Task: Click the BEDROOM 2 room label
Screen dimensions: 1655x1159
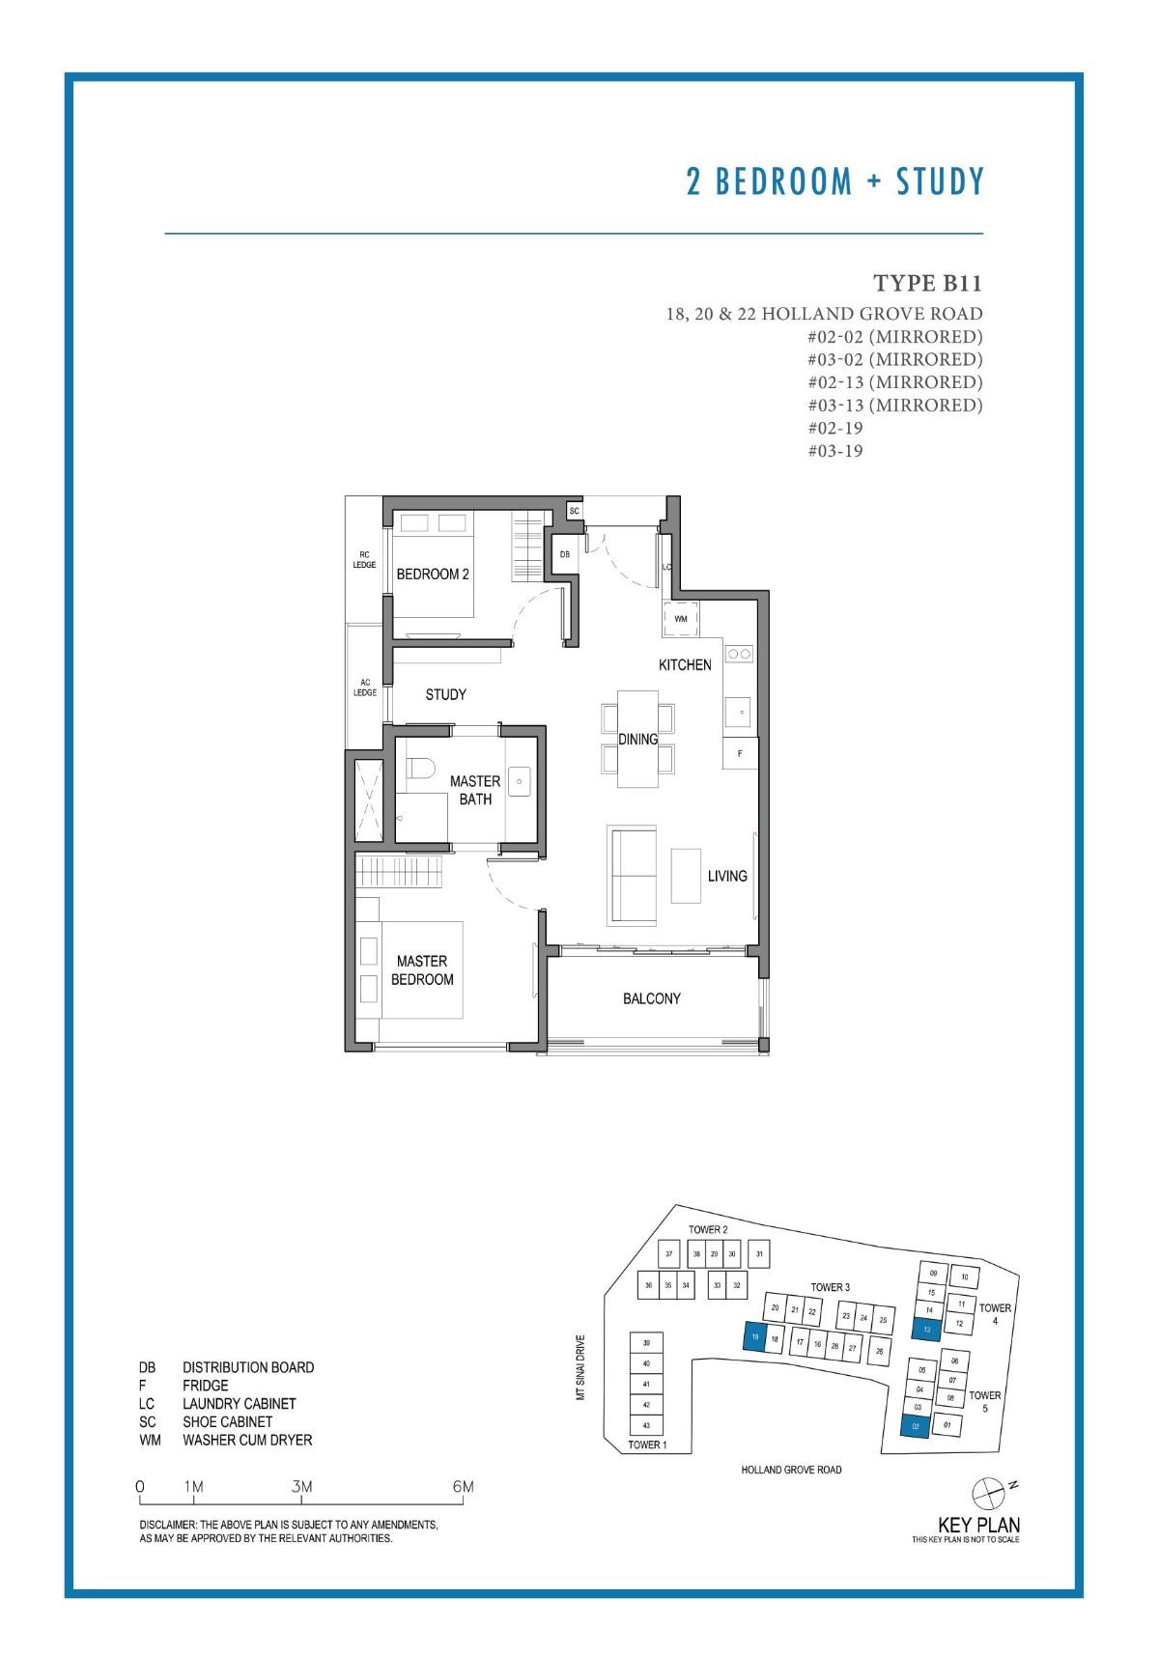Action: tap(433, 574)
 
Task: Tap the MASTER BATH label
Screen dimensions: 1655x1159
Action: tap(475, 790)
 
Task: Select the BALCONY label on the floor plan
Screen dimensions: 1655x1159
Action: tap(652, 998)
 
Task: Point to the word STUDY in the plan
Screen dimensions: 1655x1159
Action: tap(445, 694)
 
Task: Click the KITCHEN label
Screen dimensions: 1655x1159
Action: tap(685, 664)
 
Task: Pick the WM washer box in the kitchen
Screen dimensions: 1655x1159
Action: tap(681, 619)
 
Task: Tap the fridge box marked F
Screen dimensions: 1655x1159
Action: tap(740, 753)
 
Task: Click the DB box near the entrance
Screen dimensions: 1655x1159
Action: tap(565, 554)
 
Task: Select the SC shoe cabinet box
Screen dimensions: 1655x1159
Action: tap(575, 511)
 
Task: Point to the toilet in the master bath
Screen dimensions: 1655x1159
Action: tap(418, 770)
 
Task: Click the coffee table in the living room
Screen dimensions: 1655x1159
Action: tap(686, 875)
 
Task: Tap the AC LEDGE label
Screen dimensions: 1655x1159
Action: tap(365, 687)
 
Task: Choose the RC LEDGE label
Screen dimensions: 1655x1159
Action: tap(364, 559)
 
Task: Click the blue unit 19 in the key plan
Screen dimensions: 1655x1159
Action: tap(753, 1337)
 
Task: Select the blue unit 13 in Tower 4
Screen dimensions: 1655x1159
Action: tap(926, 1329)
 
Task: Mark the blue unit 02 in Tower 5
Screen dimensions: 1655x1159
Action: tap(915, 1426)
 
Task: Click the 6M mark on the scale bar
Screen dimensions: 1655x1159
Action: tap(464, 1487)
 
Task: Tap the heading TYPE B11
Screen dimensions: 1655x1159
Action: tap(927, 283)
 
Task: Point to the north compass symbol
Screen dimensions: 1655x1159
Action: tap(990, 1493)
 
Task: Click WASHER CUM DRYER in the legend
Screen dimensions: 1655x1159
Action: tap(247, 1440)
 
